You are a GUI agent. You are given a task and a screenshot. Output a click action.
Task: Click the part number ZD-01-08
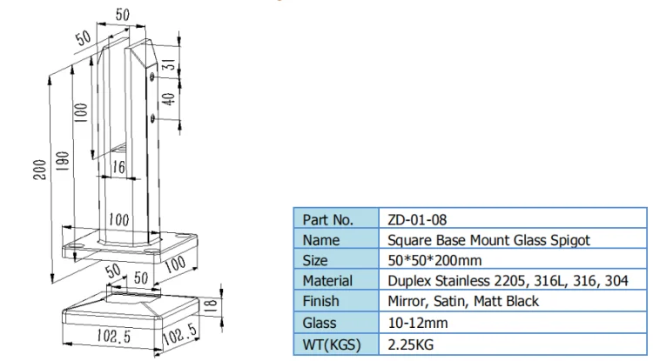[417, 219]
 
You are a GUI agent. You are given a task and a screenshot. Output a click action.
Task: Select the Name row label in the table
[321, 240]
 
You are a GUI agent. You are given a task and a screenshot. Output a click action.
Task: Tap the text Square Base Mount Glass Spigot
[489, 240]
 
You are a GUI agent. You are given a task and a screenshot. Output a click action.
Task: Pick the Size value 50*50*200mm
[434, 260]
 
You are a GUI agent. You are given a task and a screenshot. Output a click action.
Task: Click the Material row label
[327, 281]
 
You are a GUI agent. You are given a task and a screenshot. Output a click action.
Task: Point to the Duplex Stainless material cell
[508, 281]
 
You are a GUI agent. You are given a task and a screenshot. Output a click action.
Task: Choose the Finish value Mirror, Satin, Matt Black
[463, 301]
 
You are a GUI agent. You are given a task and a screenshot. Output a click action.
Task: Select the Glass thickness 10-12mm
[418, 323]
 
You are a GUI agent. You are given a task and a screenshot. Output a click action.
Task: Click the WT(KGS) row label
[332, 344]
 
